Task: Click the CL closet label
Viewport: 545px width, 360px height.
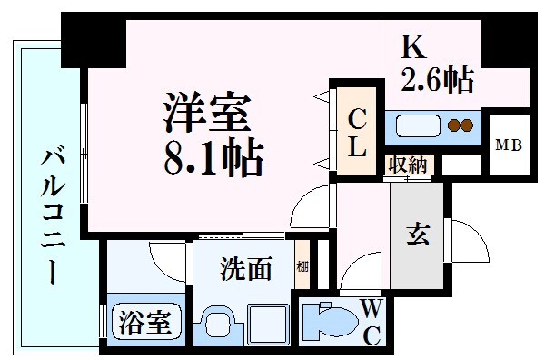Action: (358, 131)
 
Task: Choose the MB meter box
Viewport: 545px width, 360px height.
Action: (508, 145)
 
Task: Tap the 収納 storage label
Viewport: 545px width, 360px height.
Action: (407, 165)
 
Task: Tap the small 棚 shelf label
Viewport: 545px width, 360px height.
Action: (302, 267)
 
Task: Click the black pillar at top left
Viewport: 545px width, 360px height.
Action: (94, 36)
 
